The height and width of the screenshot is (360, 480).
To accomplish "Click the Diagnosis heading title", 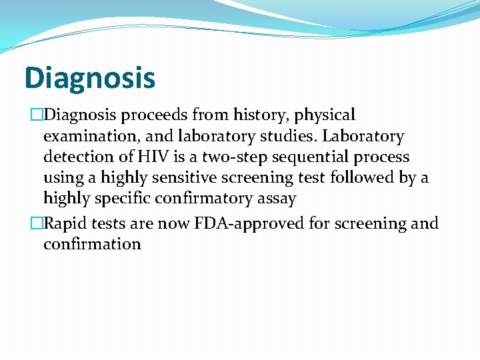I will tap(89, 77).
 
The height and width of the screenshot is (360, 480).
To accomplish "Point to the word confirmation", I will tap(92, 244).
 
